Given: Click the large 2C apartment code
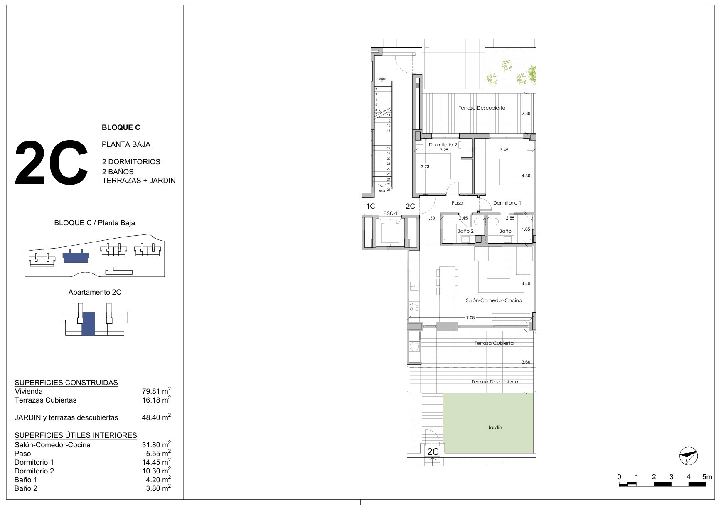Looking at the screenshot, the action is pos(52,163).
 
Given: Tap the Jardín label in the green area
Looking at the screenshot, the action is pos(495,427).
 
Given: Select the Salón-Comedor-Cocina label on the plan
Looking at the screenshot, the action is pos(494,300).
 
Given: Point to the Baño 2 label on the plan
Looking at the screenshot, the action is pos(465,231).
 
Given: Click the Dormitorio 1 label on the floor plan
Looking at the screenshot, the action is pos(507,203).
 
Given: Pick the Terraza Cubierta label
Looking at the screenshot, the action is pos(494,343).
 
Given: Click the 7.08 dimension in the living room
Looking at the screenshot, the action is pos(470,318).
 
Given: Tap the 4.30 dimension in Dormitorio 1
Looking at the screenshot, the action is pos(526,176).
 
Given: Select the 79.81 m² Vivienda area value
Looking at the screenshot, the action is pos(156,391).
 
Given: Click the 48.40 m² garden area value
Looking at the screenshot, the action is pos(156,417).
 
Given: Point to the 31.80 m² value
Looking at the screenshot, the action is pos(156,444).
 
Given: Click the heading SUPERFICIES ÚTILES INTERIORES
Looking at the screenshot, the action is pos(76,435).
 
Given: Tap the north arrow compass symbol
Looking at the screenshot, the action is pos(689,456).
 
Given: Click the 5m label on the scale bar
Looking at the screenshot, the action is pos(707,477).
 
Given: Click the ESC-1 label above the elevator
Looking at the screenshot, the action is pos(390,213).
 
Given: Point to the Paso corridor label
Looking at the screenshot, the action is pos(457,203).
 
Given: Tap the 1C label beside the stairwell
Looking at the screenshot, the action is pos(370,206).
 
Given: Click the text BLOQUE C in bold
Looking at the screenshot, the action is pos(121,127).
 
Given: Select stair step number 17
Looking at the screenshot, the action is pos(389,131).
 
